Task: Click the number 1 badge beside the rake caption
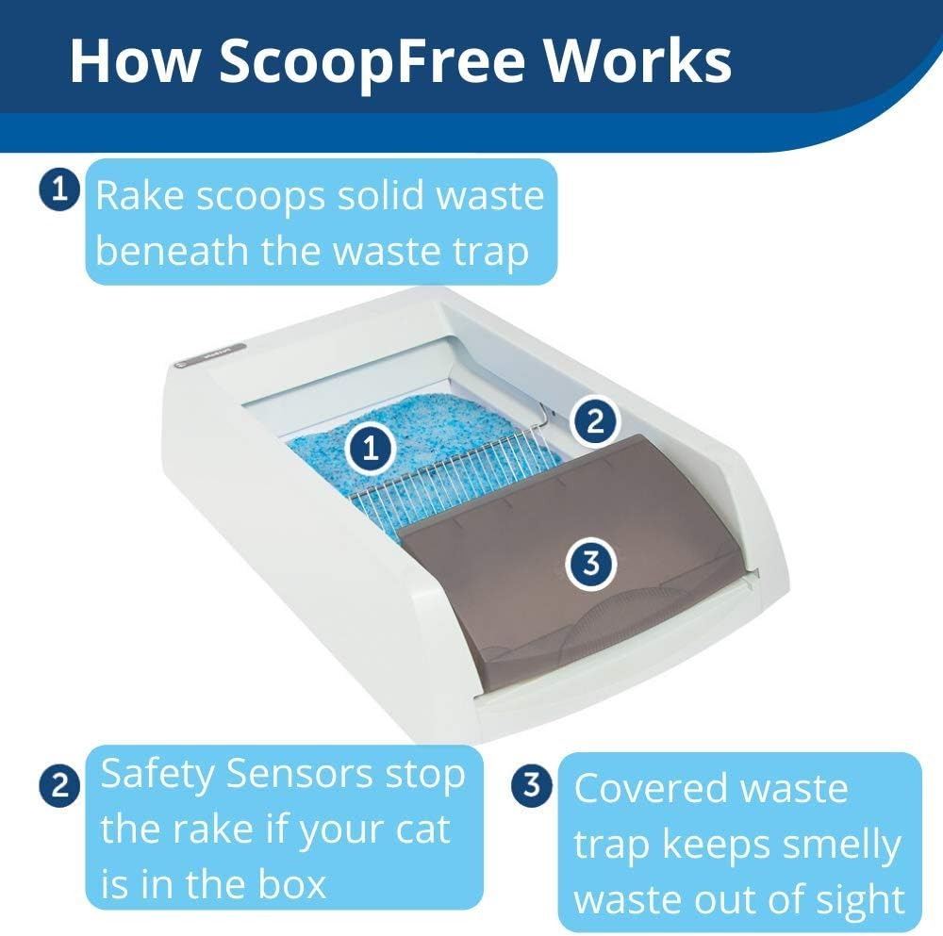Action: click(59, 190)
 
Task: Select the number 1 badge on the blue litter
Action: click(371, 448)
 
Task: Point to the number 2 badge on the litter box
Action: click(595, 420)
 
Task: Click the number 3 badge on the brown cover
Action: click(591, 564)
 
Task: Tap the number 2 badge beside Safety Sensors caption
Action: click(59, 786)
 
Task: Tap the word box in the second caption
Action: click(291, 884)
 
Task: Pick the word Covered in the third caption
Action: click(651, 788)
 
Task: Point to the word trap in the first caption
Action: click(489, 253)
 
